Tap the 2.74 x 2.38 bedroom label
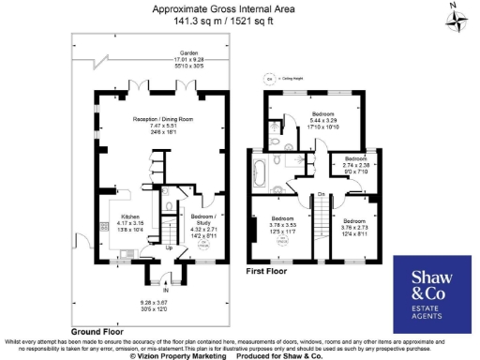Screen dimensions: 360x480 [356, 164]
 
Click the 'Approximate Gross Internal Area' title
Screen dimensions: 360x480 [240, 7]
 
